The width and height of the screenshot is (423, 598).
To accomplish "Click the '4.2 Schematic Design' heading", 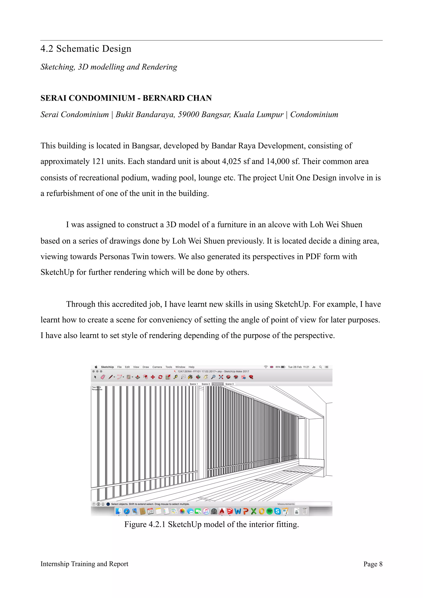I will pyautogui.click(x=86, y=49).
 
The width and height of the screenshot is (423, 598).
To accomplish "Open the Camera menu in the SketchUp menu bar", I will pyautogui.click(x=157, y=367).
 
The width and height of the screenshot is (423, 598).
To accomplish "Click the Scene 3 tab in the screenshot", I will pyautogui.click(x=229, y=384).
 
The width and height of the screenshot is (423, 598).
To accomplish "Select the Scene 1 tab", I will pyautogui.click(x=194, y=384).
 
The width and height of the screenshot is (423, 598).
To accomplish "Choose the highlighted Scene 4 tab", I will pyautogui.click(x=217, y=384).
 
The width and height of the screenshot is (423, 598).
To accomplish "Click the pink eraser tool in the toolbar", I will pyautogui.click(x=103, y=377).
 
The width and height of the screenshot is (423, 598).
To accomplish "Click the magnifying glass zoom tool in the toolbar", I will pyautogui.click(x=213, y=377).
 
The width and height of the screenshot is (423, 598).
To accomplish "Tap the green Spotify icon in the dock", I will pyautogui.click(x=270, y=511).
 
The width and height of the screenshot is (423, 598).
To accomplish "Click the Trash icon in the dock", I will pyautogui.click(x=304, y=511).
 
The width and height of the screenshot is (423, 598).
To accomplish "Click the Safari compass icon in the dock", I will pyautogui.click(x=127, y=511).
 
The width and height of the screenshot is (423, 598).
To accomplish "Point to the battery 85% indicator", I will pyautogui.click(x=280, y=367).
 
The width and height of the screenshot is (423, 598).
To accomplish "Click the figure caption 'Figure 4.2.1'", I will pyautogui.click(x=145, y=524).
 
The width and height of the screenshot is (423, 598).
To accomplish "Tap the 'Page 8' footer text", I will pyautogui.click(x=373, y=564).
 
